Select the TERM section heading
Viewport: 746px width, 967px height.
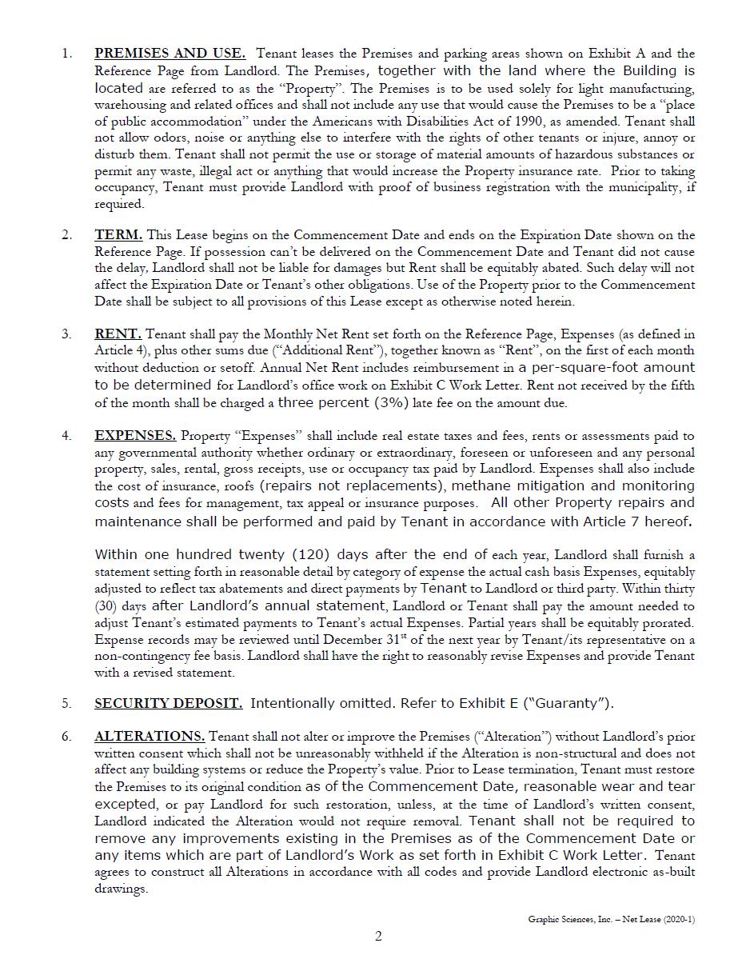click(118, 235)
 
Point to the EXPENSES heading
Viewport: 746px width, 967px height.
click(135, 436)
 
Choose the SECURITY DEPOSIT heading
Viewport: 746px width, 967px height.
click(168, 704)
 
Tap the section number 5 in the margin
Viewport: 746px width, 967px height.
click(66, 704)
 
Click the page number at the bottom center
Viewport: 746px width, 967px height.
click(378, 937)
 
